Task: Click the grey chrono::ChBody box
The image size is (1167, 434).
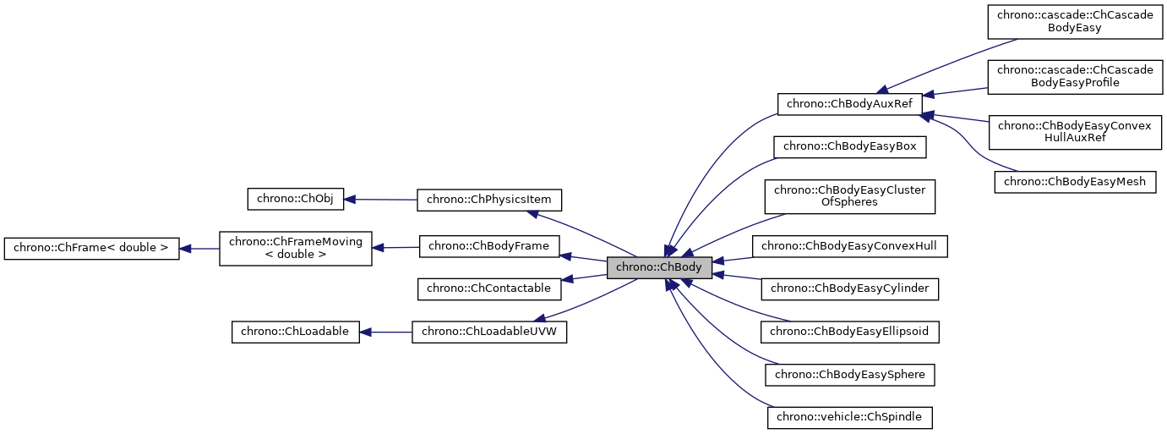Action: click(659, 267)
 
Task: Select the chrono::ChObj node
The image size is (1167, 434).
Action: click(295, 200)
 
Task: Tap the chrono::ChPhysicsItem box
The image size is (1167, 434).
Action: click(489, 201)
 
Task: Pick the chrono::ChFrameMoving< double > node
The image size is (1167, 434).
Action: click(295, 248)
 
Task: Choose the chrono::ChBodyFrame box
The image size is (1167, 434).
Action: click(489, 246)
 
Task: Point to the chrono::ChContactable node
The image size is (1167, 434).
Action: click(489, 288)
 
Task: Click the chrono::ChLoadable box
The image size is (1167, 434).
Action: click(295, 332)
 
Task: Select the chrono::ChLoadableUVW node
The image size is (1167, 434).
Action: click(488, 332)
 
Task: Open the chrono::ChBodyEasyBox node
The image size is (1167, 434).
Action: click(850, 146)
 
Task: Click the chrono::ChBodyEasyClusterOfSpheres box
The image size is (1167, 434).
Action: click(849, 196)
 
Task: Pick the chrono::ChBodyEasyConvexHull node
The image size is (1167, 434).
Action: click(850, 246)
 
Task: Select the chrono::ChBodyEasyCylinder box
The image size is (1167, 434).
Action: click(850, 288)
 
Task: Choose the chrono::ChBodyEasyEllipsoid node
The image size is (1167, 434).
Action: click(850, 332)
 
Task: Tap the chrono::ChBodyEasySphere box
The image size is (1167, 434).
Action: click(850, 374)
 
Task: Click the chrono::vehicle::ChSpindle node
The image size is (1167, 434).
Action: click(850, 416)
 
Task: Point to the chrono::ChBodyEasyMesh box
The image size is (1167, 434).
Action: click(1074, 182)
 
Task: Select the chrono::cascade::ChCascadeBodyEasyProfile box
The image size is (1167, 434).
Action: click(1074, 76)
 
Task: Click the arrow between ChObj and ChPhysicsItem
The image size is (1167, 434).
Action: click(380, 200)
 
